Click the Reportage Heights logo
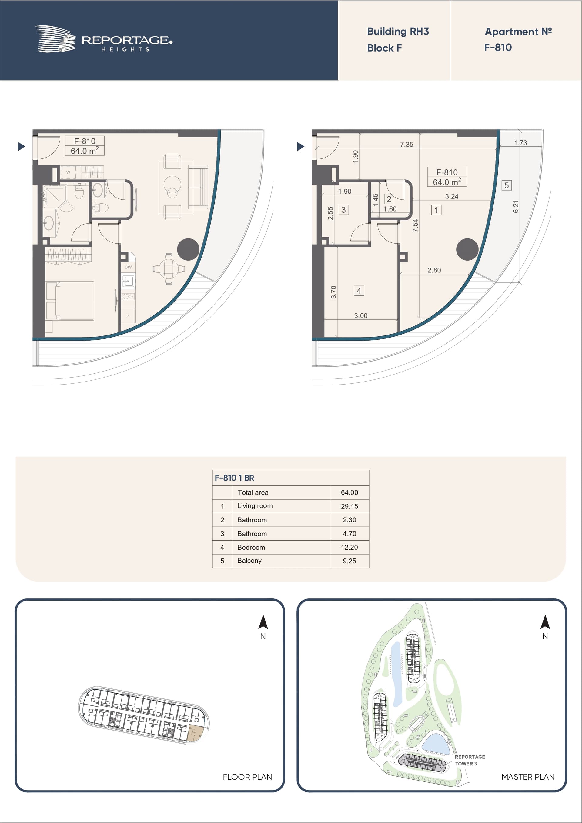tap(104, 39)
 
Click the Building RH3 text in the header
tap(398, 32)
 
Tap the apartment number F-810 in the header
tap(498, 47)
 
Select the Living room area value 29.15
tap(349, 506)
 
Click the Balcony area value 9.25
tap(349, 561)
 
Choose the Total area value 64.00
tap(349, 492)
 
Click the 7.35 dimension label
tap(407, 145)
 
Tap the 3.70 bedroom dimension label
tap(333, 292)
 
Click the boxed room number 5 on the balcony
tap(506, 185)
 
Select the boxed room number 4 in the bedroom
tap(359, 291)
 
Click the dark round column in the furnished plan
tap(188, 249)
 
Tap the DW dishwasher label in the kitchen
tap(128, 267)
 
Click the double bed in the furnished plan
tap(70, 300)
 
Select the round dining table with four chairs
tap(169, 268)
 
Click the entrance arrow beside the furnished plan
tap(22, 146)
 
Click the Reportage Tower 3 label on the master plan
tap(470, 760)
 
